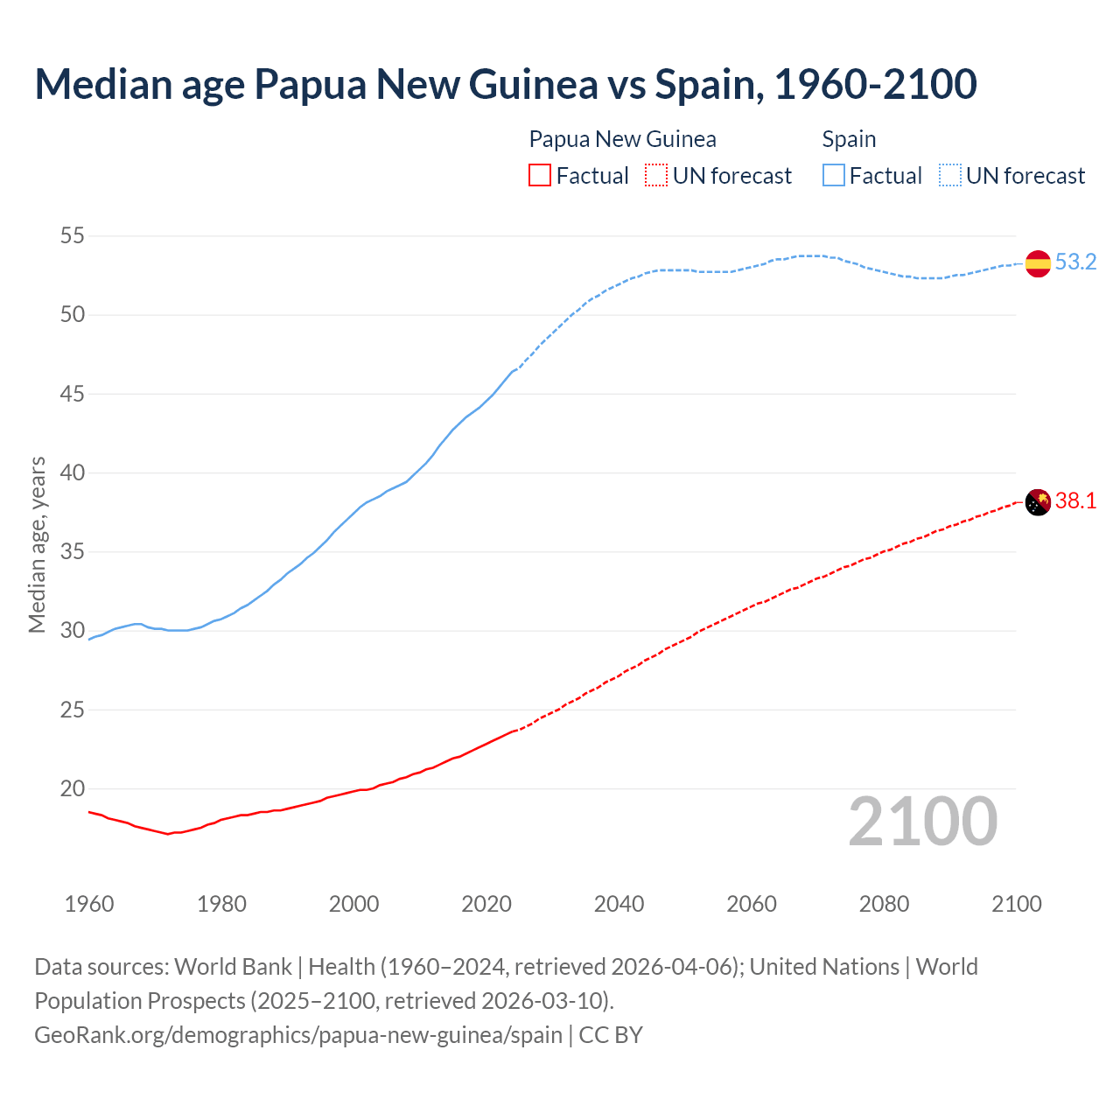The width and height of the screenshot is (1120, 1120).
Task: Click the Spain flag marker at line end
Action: pyautogui.click(x=1038, y=262)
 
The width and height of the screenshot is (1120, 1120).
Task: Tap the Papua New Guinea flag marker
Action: pyautogui.click(x=1038, y=502)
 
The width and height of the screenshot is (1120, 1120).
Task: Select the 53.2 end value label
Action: pyautogui.click(x=1075, y=262)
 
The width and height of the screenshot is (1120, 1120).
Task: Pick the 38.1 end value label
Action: pyautogui.click(x=1075, y=501)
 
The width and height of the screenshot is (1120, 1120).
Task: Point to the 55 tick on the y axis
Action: pyautogui.click(x=73, y=235)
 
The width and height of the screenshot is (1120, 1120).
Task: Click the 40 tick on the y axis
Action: pyautogui.click(x=73, y=472)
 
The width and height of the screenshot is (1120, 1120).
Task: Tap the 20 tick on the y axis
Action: pyautogui.click(x=73, y=788)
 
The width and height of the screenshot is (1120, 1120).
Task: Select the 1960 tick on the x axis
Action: pyautogui.click(x=89, y=904)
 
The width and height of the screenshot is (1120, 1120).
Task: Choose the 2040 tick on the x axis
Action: pyautogui.click(x=619, y=904)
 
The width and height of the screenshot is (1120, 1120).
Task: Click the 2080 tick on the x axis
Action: pyautogui.click(x=884, y=904)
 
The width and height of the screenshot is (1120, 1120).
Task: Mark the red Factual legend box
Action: pyautogui.click(x=540, y=175)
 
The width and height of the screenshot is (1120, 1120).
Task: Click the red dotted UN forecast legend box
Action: pyautogui.click(x=656, y=175)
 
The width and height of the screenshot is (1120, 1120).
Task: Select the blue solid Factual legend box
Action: pyautogui.click(x=834, y=175)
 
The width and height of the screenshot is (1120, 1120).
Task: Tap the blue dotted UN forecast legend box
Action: pyautogui.click(x=950, y=175)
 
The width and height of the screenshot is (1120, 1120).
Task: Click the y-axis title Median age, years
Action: pyautogui.click(x=37, y=544)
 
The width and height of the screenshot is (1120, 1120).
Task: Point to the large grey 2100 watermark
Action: pyautogui.click(x=922, y=821)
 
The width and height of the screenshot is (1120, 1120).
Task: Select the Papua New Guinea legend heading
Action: pyautogui.click(x=622, y=139)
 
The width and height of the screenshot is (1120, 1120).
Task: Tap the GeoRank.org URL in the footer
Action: pyautogui.click(x=298, y=1034)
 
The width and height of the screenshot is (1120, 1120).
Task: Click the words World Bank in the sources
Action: pyautogui.click(x=233, y=967)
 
